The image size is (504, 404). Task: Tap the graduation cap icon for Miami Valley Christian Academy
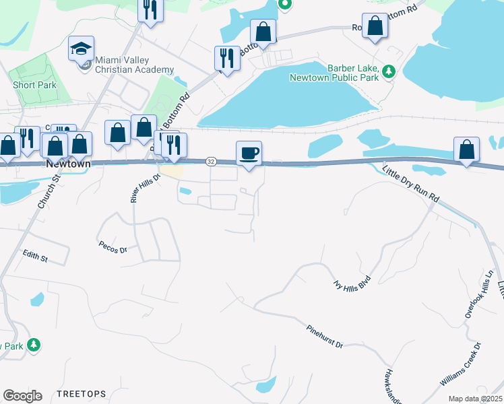(x=81, y=50)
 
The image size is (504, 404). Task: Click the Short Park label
(x=35, y=85)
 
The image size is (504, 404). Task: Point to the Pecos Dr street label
(x=113, y=247)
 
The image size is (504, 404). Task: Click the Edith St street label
(x=35, y=257)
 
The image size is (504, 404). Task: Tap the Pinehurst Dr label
(x=325, y=335)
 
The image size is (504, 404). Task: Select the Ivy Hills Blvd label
(x=353, y=281)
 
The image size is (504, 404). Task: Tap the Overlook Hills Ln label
(x=479, y=294)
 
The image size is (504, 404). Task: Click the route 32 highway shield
(x=211, y=162)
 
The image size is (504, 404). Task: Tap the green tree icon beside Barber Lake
(x=388, y=71)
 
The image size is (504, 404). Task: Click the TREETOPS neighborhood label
(x=82, y=393)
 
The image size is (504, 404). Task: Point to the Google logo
(x=22, y=396)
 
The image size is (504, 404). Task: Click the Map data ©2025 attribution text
(x=475, y=399)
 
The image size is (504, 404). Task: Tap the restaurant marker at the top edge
(x=150, y=9)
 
